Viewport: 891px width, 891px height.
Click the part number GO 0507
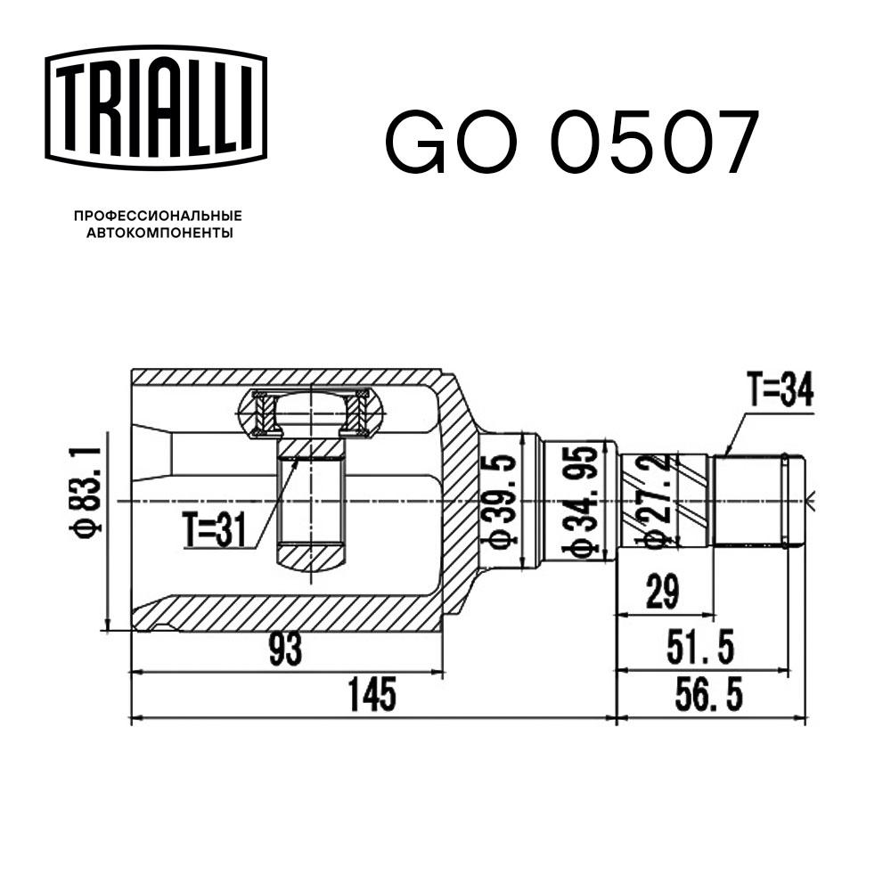tap(571, 143)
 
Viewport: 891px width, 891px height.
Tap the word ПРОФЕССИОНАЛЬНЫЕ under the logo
tap(158, 216)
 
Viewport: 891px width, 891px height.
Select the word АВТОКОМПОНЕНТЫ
tap(158, 233)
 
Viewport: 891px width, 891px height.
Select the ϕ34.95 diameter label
tap(580, 504)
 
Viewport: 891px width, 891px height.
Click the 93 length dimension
tap(285, 650)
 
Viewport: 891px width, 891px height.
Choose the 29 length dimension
tap(660, 592)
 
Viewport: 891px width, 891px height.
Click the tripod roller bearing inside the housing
tap(311, 415)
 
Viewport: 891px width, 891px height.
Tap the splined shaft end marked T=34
tap(757, 500)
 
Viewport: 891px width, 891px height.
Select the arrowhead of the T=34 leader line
tap(726, 453)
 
